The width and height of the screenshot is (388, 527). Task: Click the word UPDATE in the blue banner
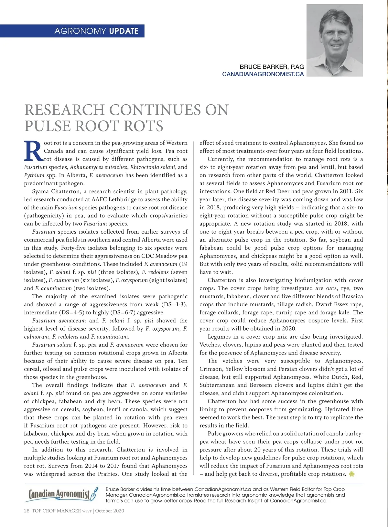coord(124,31)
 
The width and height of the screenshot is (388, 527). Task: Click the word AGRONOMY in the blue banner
coord(80,31)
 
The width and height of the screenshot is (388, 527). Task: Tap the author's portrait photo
coord(335,40)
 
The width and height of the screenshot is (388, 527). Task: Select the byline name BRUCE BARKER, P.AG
coord(272,67)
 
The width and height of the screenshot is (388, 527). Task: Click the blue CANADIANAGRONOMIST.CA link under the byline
coord(263,74)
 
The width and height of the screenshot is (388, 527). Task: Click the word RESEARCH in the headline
coord(65,110)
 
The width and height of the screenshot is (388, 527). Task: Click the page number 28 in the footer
coord(27,511)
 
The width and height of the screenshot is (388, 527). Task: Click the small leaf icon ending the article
coord(352,474)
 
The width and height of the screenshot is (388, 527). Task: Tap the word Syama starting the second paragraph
coord(40,191)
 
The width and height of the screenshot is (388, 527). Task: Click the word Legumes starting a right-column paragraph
coord(219,337)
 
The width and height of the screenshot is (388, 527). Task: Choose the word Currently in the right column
coord(221,159)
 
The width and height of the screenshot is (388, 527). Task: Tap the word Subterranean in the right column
coord(217,385)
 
